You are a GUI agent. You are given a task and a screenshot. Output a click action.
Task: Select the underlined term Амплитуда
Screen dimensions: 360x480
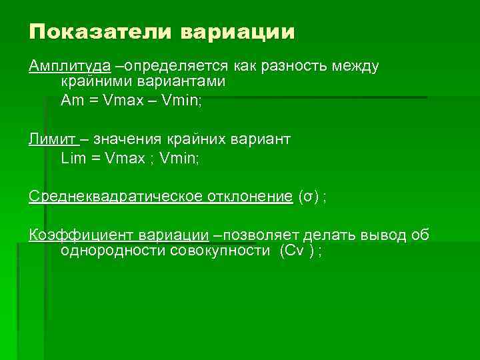tap(69, 67)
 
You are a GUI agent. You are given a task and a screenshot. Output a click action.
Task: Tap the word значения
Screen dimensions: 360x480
tap(126, 139)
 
